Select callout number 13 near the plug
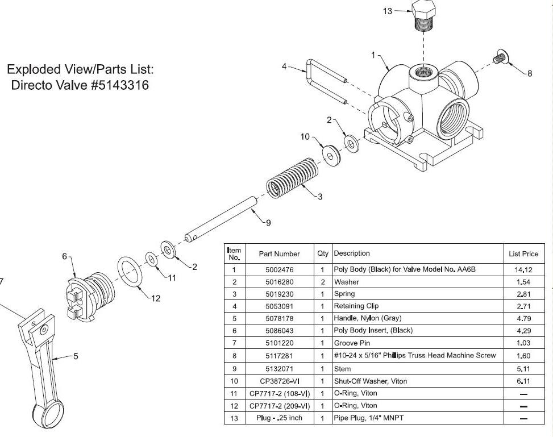[388, 11]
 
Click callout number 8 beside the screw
[530, 73]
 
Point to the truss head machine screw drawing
[499, 57]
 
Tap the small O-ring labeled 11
[152, 259]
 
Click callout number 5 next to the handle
[76, 356]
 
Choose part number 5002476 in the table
[278, 269]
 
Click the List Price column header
[523, 253]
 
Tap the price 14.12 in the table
[523, 269]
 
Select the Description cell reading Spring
[344, 294]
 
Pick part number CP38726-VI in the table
[278, 381]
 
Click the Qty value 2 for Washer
[322, 282]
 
